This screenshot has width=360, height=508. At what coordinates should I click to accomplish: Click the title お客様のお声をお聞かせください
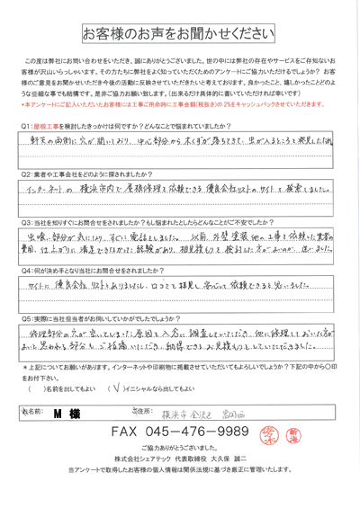tap(180, 35)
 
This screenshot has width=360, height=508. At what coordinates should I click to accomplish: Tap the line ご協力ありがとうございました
tap(180, 473)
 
